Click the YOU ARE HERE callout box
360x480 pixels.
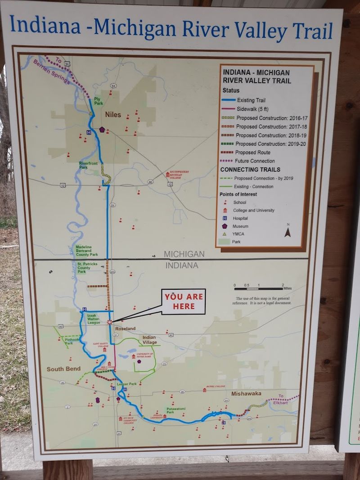click(184, 301)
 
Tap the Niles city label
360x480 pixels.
click(113, 115)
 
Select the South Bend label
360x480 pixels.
click(63, 369)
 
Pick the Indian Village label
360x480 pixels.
click(149, 340)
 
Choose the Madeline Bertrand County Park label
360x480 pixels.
click(86, 251)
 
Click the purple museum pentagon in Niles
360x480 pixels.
click(103, 130)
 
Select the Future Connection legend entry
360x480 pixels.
click(255, 161)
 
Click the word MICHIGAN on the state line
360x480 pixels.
click(184, 254)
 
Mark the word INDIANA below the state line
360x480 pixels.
click(182, 265)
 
